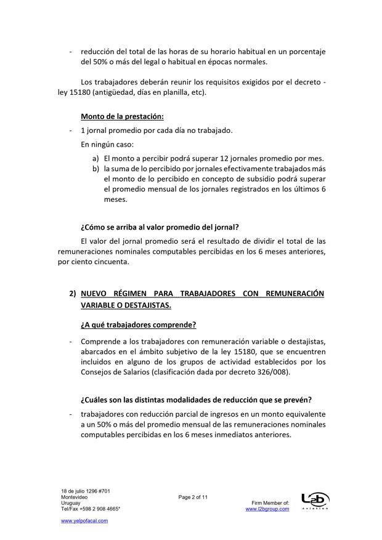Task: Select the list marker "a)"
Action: tap(95, 158)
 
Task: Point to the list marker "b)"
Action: tap(95, 168)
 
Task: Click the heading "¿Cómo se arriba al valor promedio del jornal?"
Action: tap(160, 226)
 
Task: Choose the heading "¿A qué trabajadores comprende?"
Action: tap(139, 324)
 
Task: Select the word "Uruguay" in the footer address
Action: tap(71, 502)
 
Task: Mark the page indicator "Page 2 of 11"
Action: tap(194, 496)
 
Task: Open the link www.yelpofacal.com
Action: tap(84, 521)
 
